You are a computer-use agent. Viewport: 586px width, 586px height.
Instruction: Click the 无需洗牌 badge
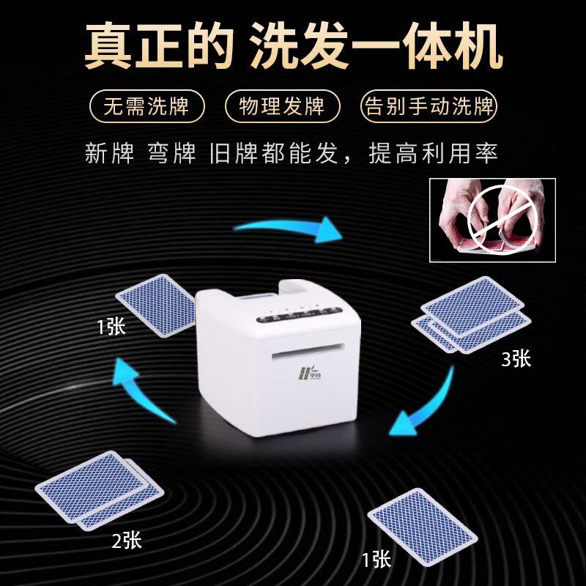[146, 107]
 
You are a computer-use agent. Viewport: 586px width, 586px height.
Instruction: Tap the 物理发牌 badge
[282, 107]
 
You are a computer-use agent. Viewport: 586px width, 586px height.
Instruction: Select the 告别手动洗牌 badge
[429, 107]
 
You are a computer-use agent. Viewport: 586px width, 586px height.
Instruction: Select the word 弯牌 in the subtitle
[171, 153]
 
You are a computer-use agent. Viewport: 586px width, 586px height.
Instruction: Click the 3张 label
[516, 358]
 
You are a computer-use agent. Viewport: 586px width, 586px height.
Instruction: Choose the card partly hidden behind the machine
[156, 305]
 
